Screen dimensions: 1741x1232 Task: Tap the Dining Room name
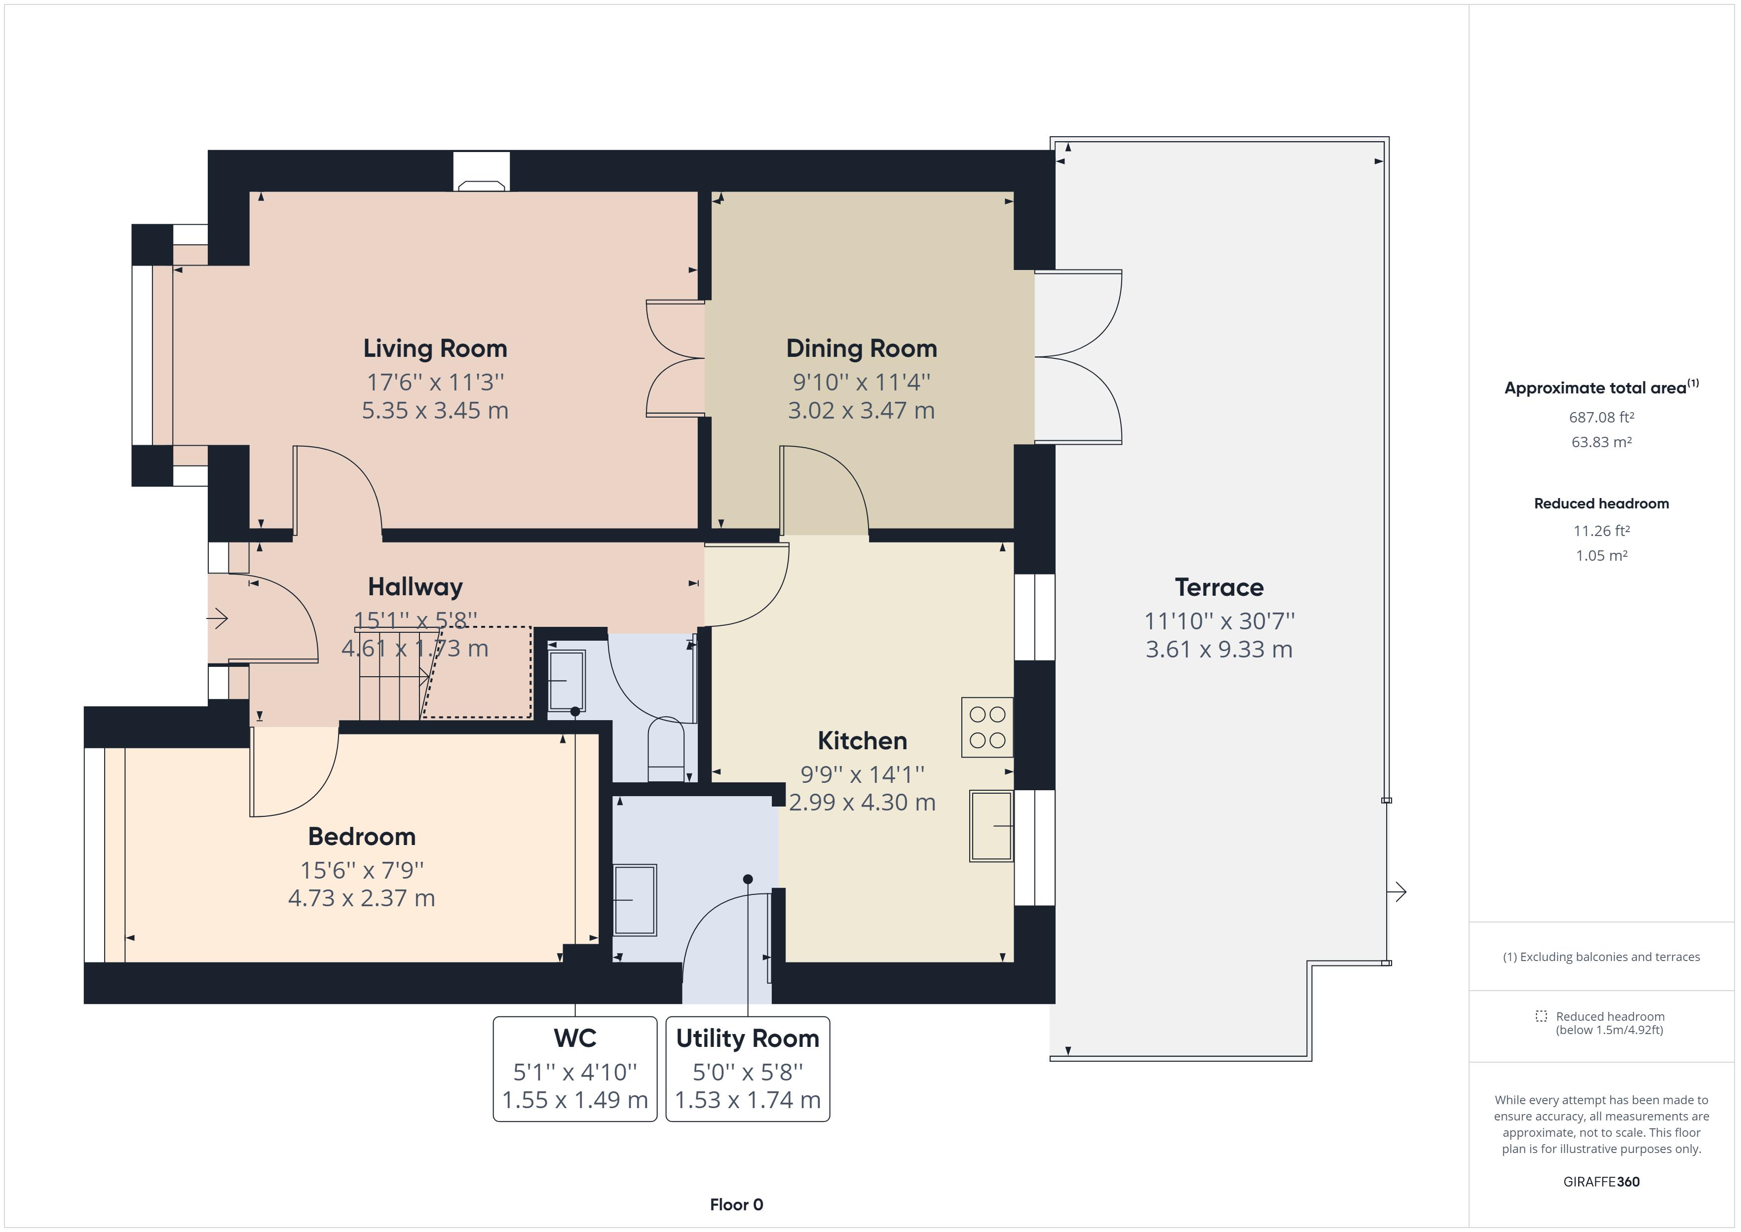pyautogui.click(x=862, y=348)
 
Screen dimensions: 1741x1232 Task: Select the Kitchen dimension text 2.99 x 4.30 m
pyautogui.click(x=862, y=802)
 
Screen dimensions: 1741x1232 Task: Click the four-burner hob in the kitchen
pyautogui.click(x=987, y=727)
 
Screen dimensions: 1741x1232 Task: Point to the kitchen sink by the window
pyautogui.click(x=991, y=825)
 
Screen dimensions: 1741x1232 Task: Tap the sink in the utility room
pyautogui.click(x=635, y=900)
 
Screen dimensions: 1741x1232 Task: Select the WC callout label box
pyautogui.click(x=575, y=1069)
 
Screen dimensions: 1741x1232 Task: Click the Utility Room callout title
pyautogui.click(x=748, y=1038)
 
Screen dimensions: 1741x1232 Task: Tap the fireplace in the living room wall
pyautogui.click(x=482, y=171)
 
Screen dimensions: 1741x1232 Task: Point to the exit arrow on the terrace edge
pyautogui.click(x=1397, y=891)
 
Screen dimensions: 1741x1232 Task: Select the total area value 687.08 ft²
pyautogui.click(x=1601, y=417)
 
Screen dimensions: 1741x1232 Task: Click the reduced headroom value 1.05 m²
pyautogui.click(x=1601, y=555)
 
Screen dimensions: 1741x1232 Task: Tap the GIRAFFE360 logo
pyautogui.click(x=1601, y=1181)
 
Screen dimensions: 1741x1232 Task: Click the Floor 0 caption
pyautogui.click(x=736, y=1205)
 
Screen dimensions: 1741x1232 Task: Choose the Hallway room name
pyautogui.click(x=415, y=586)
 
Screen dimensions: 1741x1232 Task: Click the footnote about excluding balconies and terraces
pyautogui.click(x=1601, y=957)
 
